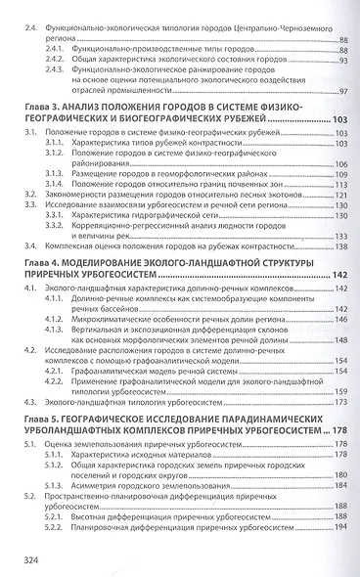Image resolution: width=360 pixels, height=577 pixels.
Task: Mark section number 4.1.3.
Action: point(58,328)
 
